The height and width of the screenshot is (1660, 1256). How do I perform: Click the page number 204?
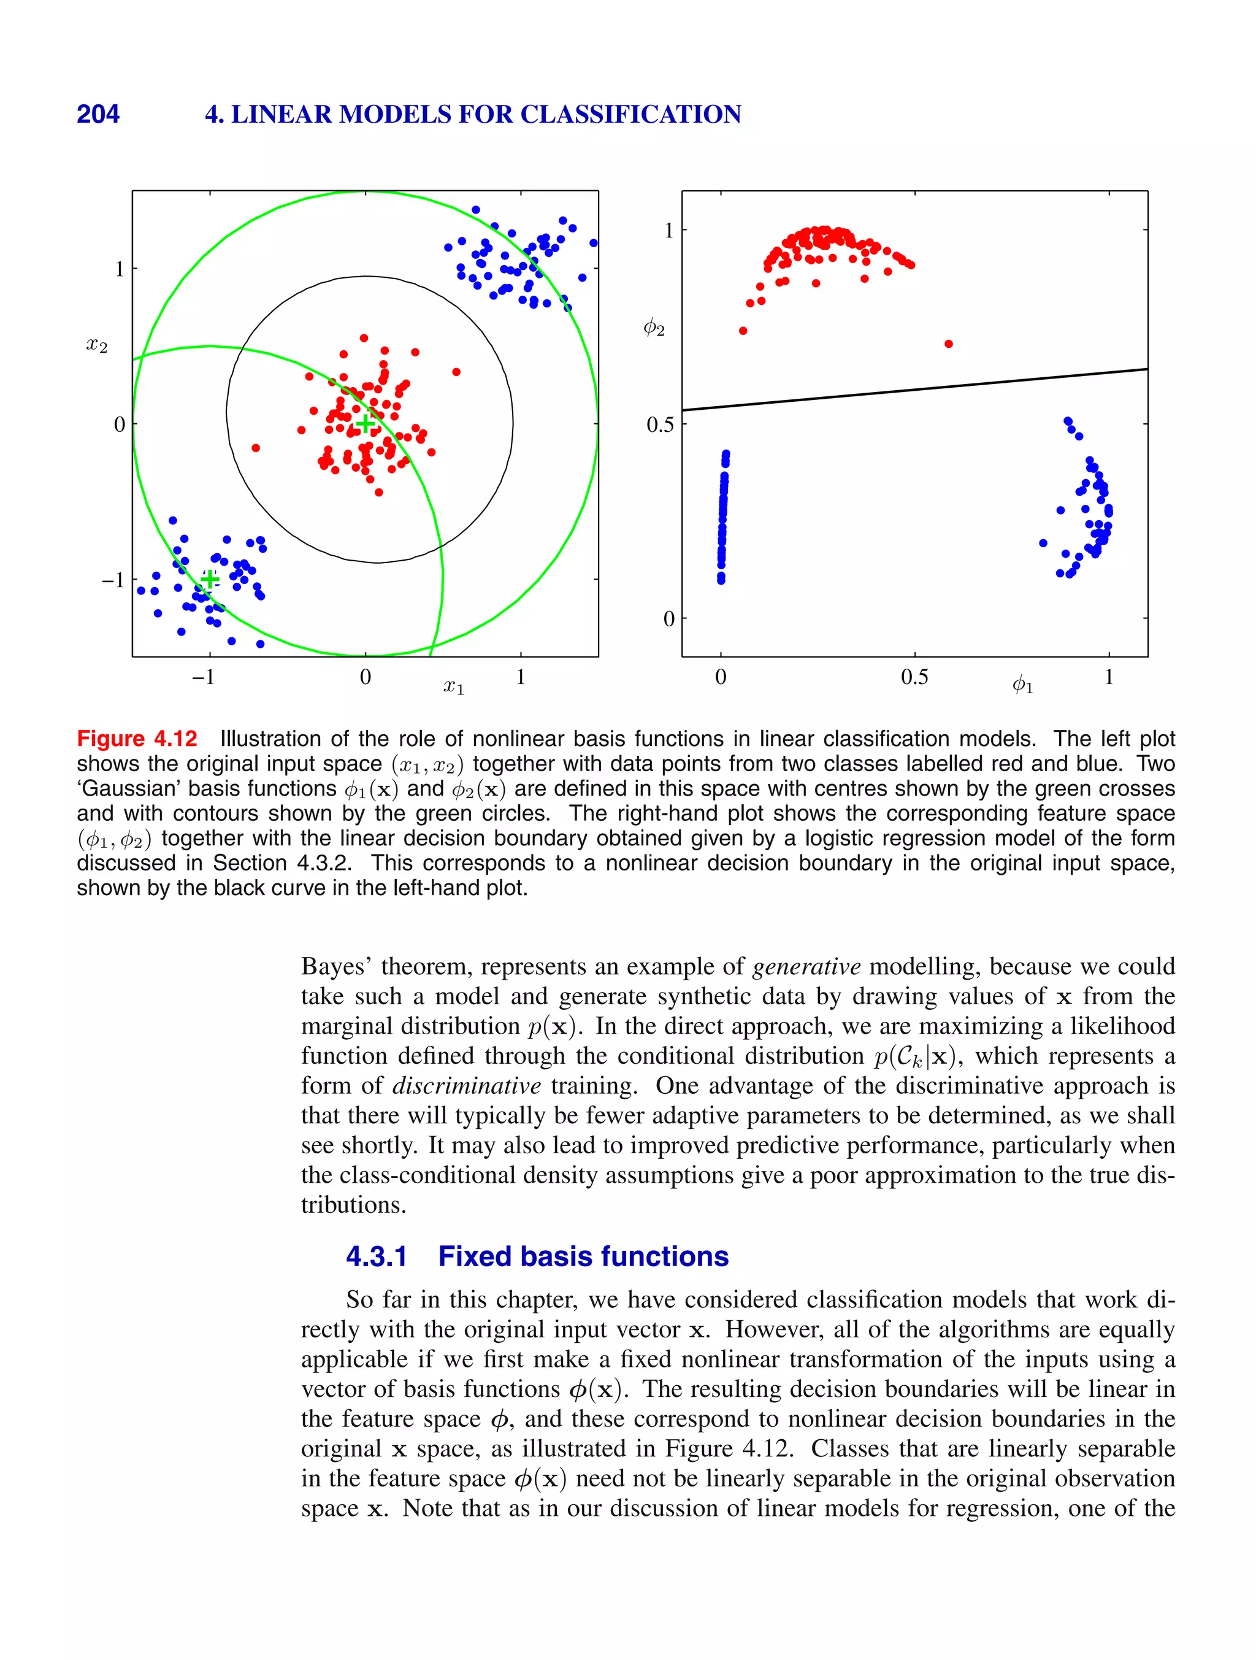coord(98,114)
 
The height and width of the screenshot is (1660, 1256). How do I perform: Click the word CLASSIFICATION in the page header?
coord(630,114)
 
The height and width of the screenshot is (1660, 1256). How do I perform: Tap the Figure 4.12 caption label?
coord(137,739)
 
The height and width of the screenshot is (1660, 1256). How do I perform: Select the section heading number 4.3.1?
coord(376,1256)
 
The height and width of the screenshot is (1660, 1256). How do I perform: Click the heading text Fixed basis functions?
coord(583,1256)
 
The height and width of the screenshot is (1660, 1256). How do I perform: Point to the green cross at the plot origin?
coord(365,424)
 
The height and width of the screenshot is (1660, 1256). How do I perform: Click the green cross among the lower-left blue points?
coord(210,578)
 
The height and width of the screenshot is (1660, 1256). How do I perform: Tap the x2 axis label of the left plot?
coord(97,346)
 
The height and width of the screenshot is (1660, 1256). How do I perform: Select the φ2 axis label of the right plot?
coord(654,328)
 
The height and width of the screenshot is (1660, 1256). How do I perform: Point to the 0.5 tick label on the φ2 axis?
coord(661,425)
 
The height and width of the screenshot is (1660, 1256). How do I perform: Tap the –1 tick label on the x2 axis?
coord(113,580)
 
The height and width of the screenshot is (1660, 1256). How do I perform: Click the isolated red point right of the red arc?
coord(948,344)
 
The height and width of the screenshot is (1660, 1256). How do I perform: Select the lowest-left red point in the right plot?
coord(743,330)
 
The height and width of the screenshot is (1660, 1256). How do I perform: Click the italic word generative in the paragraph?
coord(806,967)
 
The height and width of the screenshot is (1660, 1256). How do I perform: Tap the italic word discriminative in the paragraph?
coord(466,1086)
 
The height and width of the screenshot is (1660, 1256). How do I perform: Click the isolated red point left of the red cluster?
coord(256,448)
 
